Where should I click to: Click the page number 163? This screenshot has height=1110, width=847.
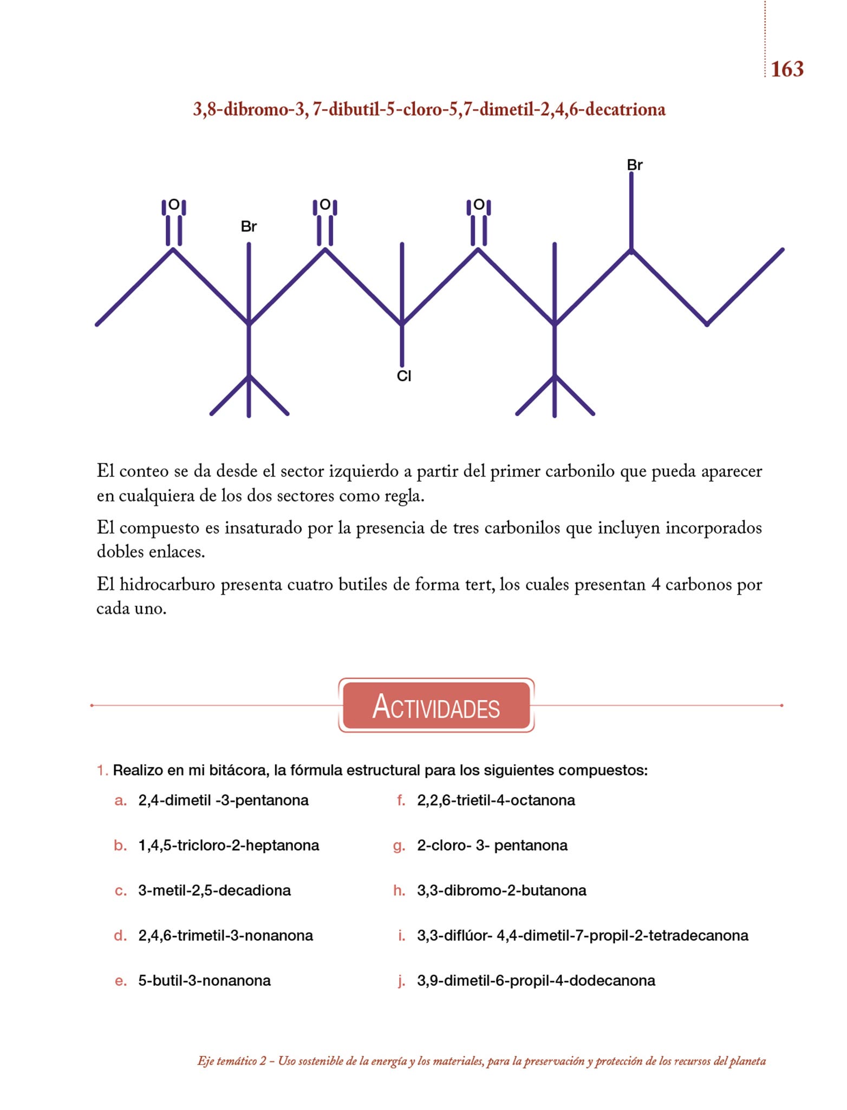pyautogui.click(x=787, y=69)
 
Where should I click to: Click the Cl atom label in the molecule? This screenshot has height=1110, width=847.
pyautogui.click(x=404, y=376)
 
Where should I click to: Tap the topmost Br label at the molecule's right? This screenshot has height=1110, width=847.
pyautogui.click(x=635, y=165)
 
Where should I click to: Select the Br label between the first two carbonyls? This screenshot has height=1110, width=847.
pyautogui.click(x=249, y=227)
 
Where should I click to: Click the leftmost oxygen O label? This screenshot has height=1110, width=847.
pyautogui.click(x=174, y=205)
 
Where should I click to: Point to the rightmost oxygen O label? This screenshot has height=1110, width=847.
pyautogui.click(x=479, y=205)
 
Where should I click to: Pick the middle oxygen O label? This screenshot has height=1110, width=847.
pyautogui.click(x=325, y=205)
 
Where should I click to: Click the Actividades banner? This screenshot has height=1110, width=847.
pyautogui.click(x=436, y=706)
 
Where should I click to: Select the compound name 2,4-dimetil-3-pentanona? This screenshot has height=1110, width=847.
pyautogui.click(x=223, y=801)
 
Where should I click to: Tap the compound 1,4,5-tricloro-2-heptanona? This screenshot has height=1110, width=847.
pyautogui.click(x=229, y=846)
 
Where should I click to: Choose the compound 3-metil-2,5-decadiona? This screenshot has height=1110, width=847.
pyautogui.click(x=214, y=890)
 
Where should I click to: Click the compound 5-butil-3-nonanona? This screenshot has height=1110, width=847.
pyautogui.click(x=204, y=980)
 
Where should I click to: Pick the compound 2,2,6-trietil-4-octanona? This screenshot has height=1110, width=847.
pyautogui.click(x=496, y=801)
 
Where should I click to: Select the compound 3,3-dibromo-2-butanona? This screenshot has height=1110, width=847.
pyautogui.click(x=501, y=890)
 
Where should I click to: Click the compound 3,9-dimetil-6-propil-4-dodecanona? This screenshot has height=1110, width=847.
pyautogui.click(x=536, y=980)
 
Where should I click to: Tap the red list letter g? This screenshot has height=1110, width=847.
pyautogui.click(x=399, y=846)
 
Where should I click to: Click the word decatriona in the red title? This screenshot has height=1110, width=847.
pyautogui.click(x=625, y=109)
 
